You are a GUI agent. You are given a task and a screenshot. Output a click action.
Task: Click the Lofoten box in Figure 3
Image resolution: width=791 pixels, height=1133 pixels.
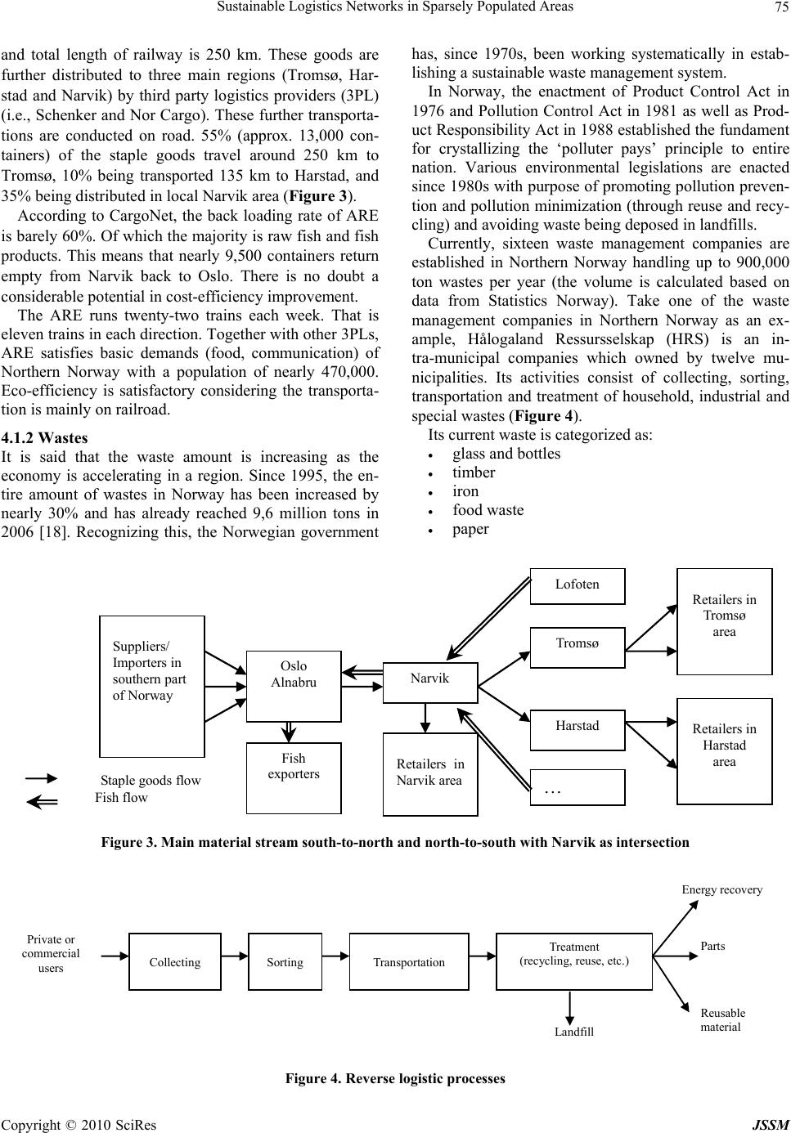[578, 585]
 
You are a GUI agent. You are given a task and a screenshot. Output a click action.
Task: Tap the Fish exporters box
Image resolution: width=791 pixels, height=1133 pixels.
[294, 777]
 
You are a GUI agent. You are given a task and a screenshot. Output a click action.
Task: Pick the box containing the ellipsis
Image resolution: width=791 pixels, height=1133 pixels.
[578, 787]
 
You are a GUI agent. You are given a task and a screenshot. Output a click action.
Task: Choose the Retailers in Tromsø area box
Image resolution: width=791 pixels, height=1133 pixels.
[724, 622]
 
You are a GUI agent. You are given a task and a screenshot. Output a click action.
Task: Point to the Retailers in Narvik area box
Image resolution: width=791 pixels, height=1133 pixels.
[430, 774]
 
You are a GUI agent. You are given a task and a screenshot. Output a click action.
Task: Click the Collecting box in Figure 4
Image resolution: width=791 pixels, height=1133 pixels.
[175, 961]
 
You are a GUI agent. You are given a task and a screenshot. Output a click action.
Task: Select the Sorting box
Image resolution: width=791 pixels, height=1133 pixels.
[285, 961]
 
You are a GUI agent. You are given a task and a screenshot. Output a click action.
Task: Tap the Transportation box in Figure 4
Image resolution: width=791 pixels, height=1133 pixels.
[409, 961]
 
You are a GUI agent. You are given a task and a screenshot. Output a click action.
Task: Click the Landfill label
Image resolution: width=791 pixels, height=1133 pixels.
[574, 1032]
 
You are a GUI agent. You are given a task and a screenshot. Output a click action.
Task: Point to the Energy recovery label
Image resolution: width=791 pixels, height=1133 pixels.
[721, 889]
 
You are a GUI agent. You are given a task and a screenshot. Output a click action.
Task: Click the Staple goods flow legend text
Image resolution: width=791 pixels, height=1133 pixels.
[151, 781]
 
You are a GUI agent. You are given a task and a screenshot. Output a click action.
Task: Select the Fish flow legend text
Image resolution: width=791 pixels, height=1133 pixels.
[122, 797]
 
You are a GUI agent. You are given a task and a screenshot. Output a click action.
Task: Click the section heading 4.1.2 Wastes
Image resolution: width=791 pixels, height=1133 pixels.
[44, 438]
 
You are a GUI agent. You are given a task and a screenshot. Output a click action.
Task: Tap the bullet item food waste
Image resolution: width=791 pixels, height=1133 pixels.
[488, 510]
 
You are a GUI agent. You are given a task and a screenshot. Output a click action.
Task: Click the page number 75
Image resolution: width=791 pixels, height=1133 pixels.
[780, 7]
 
